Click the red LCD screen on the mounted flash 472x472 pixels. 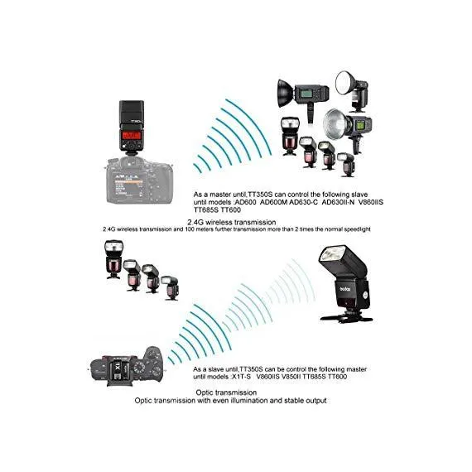click(132, 135)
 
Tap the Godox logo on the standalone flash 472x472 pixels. click(345, 289)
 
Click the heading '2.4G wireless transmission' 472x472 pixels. click(232, 222)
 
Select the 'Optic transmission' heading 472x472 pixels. click(226, 393)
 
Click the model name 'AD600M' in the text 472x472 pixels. click(273, 202)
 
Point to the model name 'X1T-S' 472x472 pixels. click(241, 377)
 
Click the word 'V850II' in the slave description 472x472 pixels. click(291, 377)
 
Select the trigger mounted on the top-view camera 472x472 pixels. click(120, 370)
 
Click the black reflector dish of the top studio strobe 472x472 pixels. click(285, 94)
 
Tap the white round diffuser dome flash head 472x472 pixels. click(345, 83)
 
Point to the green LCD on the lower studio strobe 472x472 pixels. click(359, 125)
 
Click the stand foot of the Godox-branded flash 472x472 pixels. click(347, 318)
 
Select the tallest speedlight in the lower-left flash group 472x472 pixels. click(113, 259)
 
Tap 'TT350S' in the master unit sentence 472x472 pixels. click(259, 195)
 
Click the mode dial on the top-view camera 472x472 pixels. click(139, 368)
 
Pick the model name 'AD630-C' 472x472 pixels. click(303, 202)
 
